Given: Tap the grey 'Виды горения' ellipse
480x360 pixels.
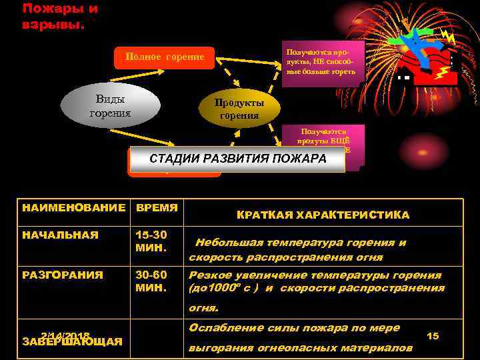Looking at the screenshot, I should pyautogui.click(x=110, y=106).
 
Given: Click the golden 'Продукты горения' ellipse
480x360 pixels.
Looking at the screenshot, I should pyautogui.click(x=239, y=109).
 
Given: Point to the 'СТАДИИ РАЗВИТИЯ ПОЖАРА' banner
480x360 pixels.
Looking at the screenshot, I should pyautogui.click(x=237, y=159).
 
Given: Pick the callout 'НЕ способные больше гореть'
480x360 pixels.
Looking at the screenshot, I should pyautogui.click(x=321, y=61).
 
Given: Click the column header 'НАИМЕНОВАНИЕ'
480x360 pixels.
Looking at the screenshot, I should pyautogui.click(x=73, y=207).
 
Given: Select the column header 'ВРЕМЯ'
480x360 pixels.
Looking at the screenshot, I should pyautogui.click(x=157, y=207).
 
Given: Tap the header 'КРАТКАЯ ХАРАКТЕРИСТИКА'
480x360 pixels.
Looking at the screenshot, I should pyautogui.click(x=323, y=215).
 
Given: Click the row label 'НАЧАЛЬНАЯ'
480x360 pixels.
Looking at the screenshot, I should pyautogui.click(x=60, y=235).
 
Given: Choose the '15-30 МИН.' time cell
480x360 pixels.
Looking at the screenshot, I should pyautogui.click(x=151, y=241).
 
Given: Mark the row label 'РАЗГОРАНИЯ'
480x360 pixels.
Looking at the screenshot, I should pyautogui.click(x=63, y=275).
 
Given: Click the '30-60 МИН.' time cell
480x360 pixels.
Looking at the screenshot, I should pyautogui.click(x=151, y=281).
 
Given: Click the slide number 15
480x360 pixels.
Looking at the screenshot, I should pyautogui.click(x=433, y=336).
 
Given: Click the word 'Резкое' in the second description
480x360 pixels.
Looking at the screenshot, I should pyautogui.click(x=209, y=275).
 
